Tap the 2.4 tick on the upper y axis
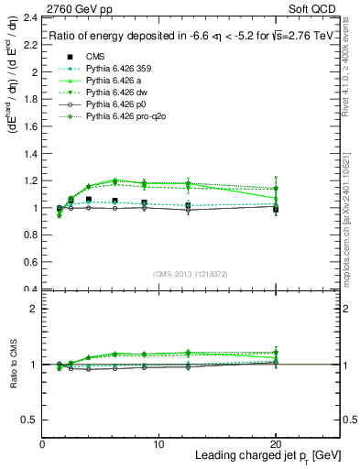(x=27, y=17)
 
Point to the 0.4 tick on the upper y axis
(x=27, y=289)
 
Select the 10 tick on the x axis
(x=158, y=443)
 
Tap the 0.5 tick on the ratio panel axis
(x=27, y=420)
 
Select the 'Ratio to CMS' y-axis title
(x=11, y=365)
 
